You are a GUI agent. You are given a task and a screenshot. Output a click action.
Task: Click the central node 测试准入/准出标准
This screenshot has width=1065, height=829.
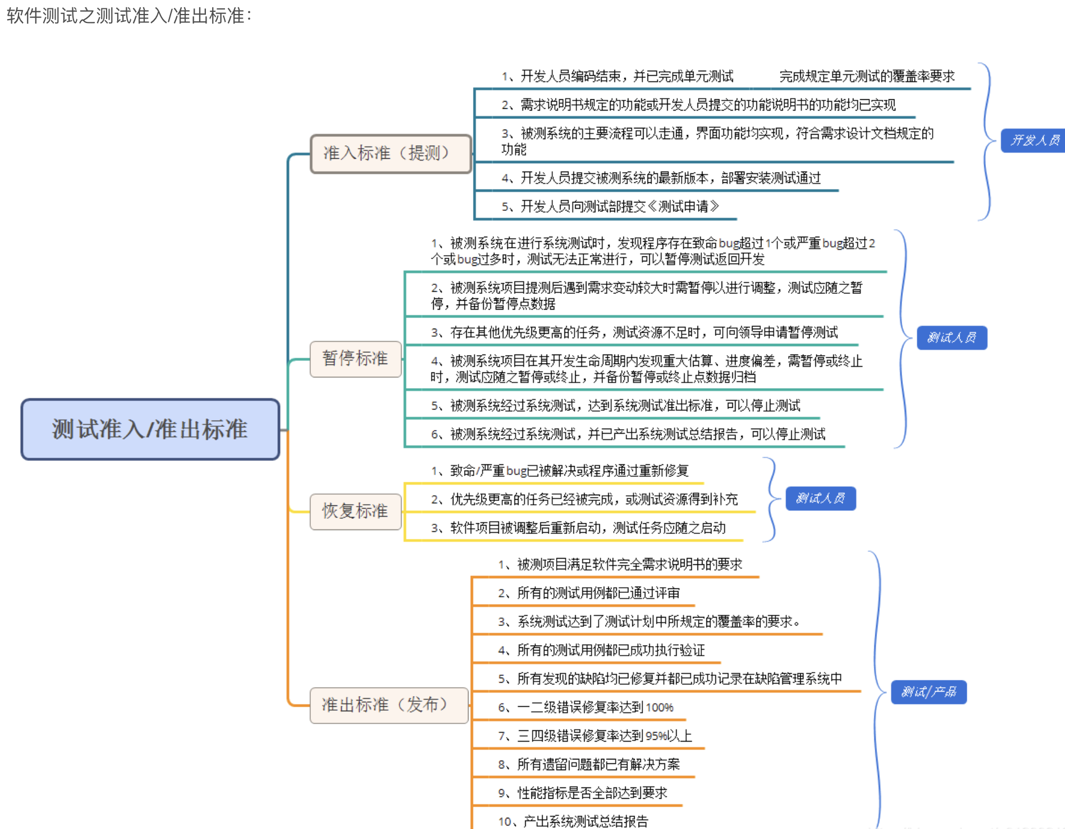pos(150,430)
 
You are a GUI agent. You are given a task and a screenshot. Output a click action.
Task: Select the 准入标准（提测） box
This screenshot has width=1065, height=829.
pos(391,153)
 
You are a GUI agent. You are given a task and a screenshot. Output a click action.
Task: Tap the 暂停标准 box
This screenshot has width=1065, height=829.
pos(355,358)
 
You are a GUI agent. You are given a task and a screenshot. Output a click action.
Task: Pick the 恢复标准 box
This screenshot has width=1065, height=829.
pos(355,511)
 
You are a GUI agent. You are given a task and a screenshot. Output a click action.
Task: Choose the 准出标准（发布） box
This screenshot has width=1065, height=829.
pos(388,705)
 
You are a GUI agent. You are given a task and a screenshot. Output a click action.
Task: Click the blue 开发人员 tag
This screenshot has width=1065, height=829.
pos(1034,140)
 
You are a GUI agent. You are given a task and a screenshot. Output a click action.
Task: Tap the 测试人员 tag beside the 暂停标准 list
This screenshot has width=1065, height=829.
pos(952,338)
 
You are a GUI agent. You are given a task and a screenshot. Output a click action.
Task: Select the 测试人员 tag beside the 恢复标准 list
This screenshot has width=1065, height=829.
pos(820,498)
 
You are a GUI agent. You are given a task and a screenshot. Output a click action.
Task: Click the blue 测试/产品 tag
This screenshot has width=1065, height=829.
pos(929,692)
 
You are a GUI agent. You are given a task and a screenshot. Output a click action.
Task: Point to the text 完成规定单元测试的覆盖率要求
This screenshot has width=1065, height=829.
pos(867,76)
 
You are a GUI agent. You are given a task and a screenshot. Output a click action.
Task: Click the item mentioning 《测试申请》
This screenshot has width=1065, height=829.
pos(610,206)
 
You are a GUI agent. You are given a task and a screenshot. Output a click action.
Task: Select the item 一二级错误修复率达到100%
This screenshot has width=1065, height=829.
pos(586,707)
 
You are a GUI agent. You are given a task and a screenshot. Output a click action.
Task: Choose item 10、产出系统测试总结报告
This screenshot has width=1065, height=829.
pos(573,821)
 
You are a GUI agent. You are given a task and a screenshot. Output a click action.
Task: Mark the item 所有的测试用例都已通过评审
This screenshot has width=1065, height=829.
pos(589,593)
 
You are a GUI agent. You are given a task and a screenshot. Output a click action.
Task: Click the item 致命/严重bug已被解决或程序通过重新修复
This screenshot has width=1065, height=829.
pos(559,471)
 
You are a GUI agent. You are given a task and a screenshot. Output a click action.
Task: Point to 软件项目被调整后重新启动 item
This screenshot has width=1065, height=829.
pos(578,528)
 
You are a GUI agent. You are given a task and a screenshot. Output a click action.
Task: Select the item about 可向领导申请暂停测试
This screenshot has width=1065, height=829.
pos(634,333)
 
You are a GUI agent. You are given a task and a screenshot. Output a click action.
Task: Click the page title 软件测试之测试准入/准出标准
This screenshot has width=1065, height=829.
pos(129,16)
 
